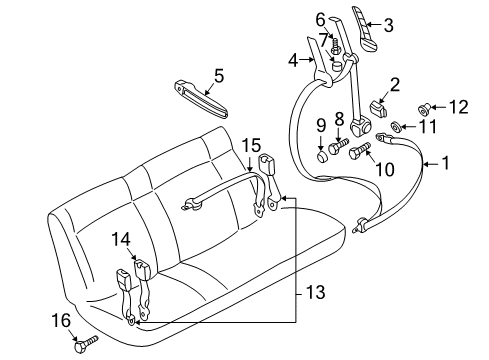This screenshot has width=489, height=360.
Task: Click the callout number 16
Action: click(x=61, y=320)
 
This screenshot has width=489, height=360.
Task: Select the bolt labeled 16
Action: click(x=86, y=344)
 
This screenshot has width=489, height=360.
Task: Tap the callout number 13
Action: click(x=315, y=292)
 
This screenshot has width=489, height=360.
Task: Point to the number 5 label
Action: click(x=219, y=76)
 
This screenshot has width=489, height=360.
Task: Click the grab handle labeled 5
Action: click(x=201, y=99)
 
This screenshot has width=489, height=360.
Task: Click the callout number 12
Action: click(x=459, y=107)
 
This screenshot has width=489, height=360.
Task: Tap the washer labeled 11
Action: click(x=396, y=127)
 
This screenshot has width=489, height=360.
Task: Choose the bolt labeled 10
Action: click(x=360, y=151)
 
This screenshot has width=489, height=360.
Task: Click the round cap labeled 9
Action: click(x=322, y=156)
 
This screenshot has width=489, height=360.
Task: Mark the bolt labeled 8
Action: click(x=338, y=146)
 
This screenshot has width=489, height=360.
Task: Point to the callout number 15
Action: click(x=251, y=146)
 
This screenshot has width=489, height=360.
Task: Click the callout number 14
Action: click(x=121, y=239)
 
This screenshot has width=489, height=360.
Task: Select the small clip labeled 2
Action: click(x=377, y=109)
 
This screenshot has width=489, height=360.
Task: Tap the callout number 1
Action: click(x=445, y=163)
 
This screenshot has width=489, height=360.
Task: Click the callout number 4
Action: click(x=293, y=61)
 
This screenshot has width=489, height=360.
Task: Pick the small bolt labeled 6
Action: click(x=335, y=47)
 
